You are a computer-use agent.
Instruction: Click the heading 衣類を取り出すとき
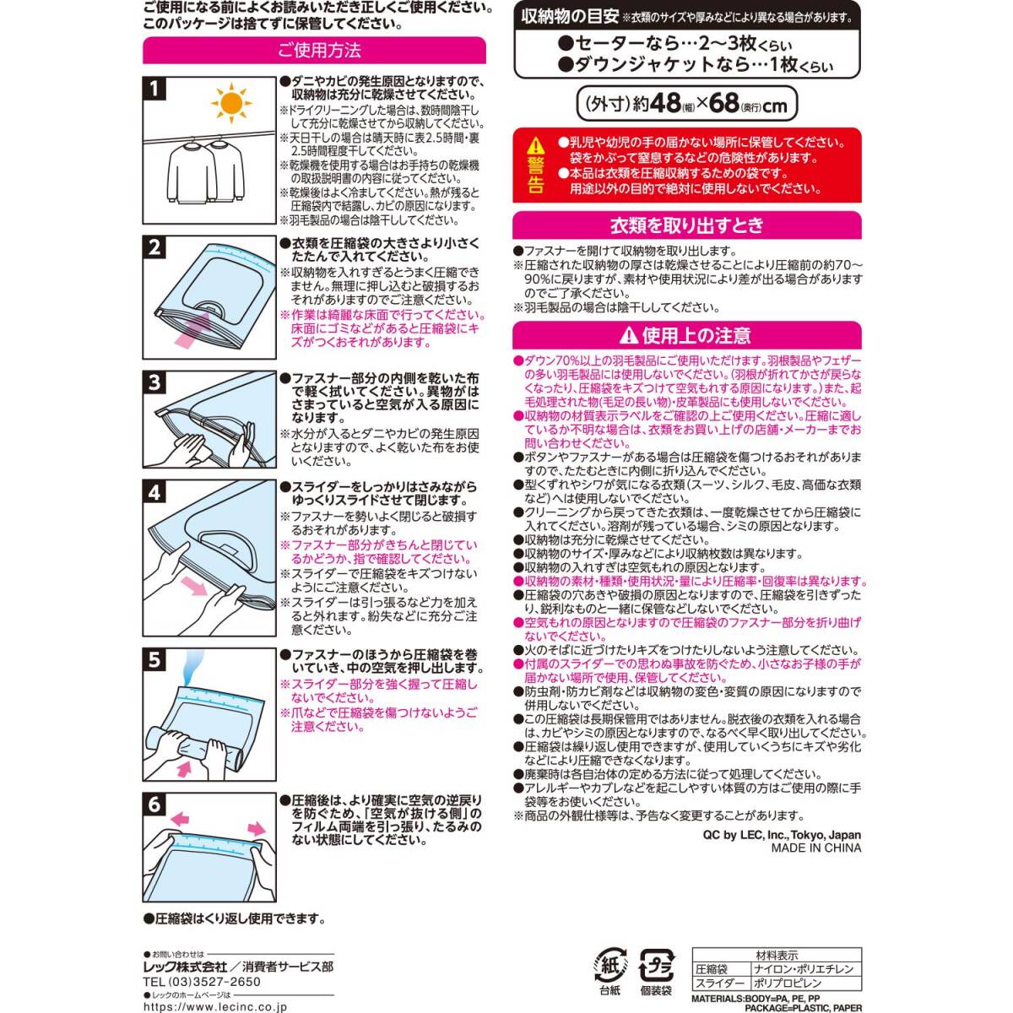click(686, 225)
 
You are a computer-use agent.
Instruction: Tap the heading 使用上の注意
click(686, 336)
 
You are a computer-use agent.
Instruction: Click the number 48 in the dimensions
click(664, 104)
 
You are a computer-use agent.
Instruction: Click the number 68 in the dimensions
click(724, 104)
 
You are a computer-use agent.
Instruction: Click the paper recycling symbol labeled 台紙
click(609, 965)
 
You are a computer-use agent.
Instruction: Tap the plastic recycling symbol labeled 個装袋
click(655, 965)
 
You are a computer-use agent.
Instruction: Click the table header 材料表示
click(777, 956)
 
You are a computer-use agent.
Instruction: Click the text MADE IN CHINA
click(815, 848)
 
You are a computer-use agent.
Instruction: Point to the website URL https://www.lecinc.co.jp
click(214, 1006)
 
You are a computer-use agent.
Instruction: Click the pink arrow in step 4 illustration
click(194, 587)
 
